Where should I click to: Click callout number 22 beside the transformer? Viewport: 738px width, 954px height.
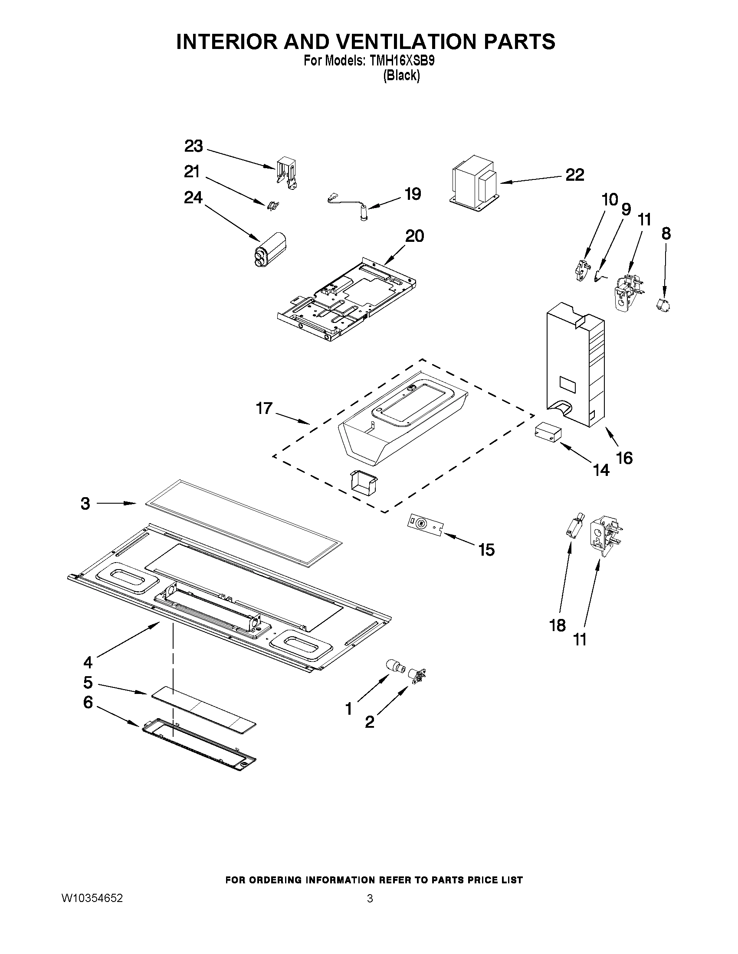(x=574, y=175)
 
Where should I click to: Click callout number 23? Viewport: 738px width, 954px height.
(x=194, y=147)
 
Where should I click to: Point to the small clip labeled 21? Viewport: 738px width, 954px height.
(x=273, y=205)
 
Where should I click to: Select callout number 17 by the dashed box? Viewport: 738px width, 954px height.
(x=265, y=409)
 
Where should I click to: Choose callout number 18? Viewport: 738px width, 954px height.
(x=558, y=625)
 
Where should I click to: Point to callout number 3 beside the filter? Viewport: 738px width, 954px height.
(x=86, y=504)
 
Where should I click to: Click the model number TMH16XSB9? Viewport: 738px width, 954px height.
(x=402, y=61)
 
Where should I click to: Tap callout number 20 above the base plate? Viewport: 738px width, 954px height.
(x=414, y=236)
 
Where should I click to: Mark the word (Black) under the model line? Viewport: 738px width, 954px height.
(x=401, y=75)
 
